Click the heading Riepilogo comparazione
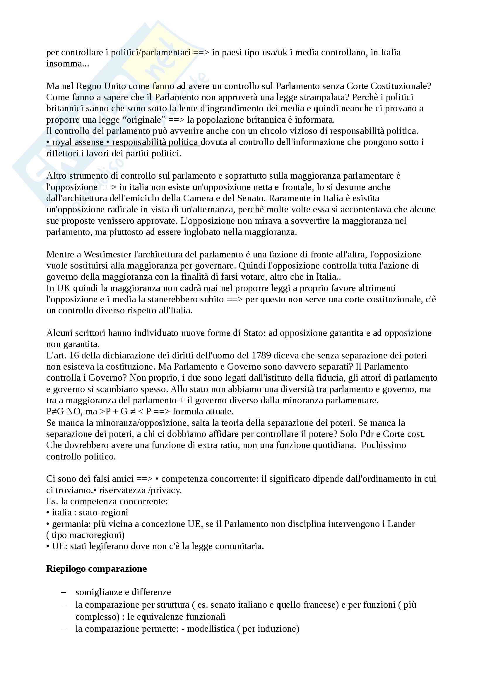(96, 569)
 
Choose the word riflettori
(59, 153)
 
